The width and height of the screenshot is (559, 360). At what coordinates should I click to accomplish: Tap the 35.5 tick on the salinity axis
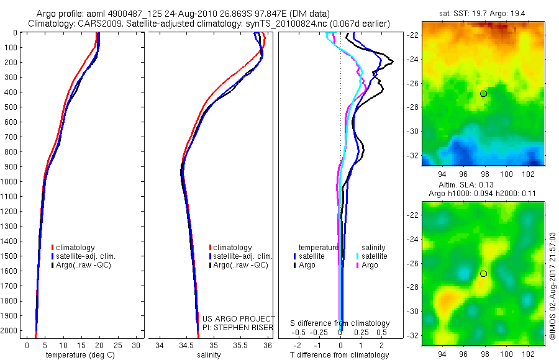click(240, 345)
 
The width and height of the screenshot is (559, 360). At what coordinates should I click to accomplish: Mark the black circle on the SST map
click(484, 93)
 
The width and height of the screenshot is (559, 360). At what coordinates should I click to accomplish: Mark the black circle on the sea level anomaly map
click(484, 274)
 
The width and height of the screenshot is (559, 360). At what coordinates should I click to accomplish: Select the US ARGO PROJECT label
click(239, 318)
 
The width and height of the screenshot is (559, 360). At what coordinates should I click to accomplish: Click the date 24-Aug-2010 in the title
click(169, 14)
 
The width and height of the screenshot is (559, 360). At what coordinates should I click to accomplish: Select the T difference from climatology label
click(340, 355)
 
